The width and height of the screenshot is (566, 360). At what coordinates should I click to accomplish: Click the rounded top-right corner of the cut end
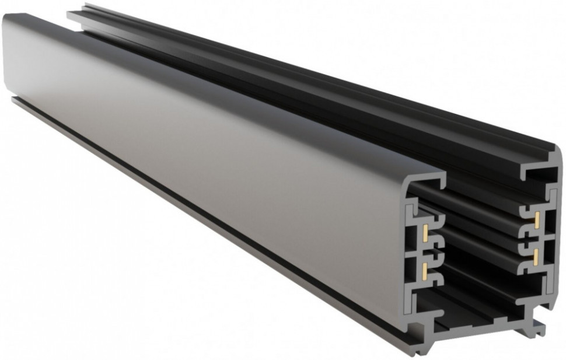point(554,153)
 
